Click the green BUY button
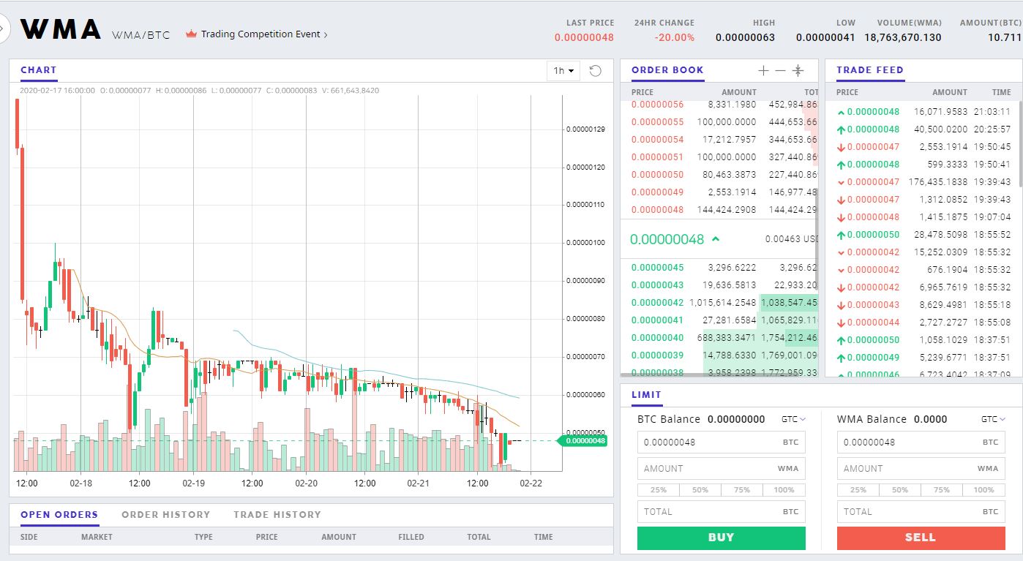pos(721,538)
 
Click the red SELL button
pos(920,538)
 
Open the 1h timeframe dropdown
pos(563,71)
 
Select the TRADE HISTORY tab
pos(277,515)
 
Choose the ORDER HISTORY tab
pos(165,515)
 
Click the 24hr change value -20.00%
pos(674,37)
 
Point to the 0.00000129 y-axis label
pos(585,129)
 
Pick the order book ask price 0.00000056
pos(657,105)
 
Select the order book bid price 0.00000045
pos(657,268)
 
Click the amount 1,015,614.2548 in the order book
pos(723,303)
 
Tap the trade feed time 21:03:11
pos(992,112)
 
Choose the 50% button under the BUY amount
pos(700,490)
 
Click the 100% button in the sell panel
pos(983,490)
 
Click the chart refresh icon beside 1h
pos(595,71)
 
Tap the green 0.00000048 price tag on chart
pos(585,440)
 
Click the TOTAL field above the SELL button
pos(920,511)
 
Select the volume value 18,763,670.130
pos(902,37)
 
